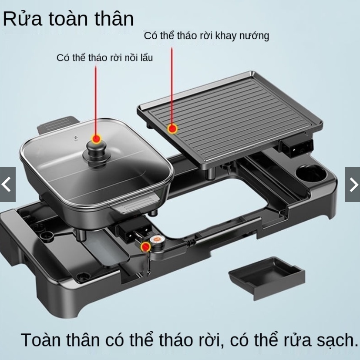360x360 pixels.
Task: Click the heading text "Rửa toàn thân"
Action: [x=68, y=19]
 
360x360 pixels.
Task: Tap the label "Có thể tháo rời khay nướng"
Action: [x=206, y=36]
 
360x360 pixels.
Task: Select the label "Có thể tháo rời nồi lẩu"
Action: [x=104, y=57]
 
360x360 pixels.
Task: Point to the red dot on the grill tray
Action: [x=172, y=128]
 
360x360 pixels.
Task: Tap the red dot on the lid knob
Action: [x=96, y=139]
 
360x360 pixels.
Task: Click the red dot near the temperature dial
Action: [x=145, y=247]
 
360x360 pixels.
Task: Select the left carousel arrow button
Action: [x=7, y=185]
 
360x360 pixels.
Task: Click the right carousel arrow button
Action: [x=353, y=185]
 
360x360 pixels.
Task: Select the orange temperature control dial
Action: [x=157, y=239]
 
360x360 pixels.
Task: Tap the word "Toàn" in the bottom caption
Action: [x=42, y=340]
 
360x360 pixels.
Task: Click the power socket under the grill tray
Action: [x=296, y=147]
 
